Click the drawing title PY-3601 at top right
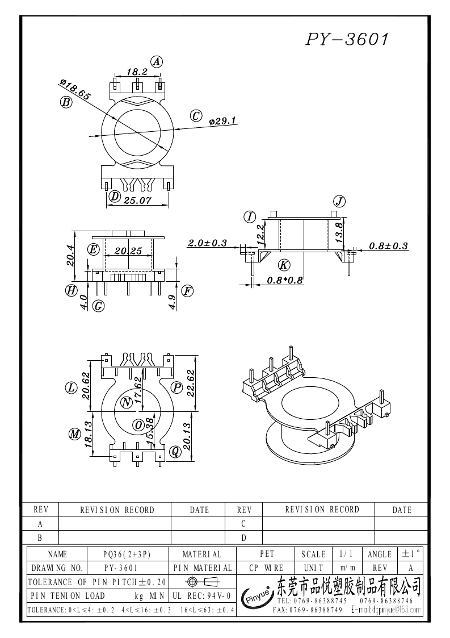tap(348, 39)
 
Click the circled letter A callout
tap(157, 62)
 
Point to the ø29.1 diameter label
tap(222, 121)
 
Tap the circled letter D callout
tap(115, 197)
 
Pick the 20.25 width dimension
tap(128, 251)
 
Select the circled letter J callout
tap(339, 201)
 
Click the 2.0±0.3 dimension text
tap(208, 243)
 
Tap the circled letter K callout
tap(284, 264)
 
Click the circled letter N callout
tap(127, 402)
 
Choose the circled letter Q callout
tap(175, 451)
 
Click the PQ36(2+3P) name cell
tap(127, 554)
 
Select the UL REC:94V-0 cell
tap(201, 595)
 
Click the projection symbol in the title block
tap(201, 581)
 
